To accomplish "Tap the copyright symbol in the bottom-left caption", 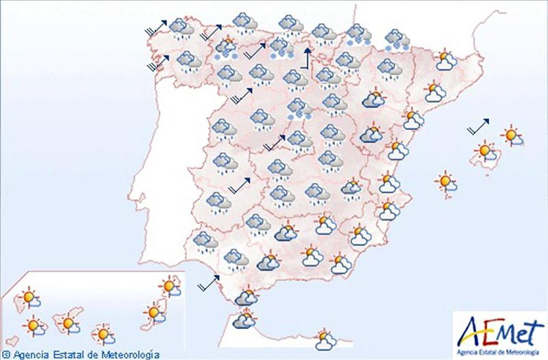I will [6, 355].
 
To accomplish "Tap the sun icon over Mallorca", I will [486, 151].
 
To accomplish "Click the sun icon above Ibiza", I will [446, 182].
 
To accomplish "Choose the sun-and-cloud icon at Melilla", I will [325, 337].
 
